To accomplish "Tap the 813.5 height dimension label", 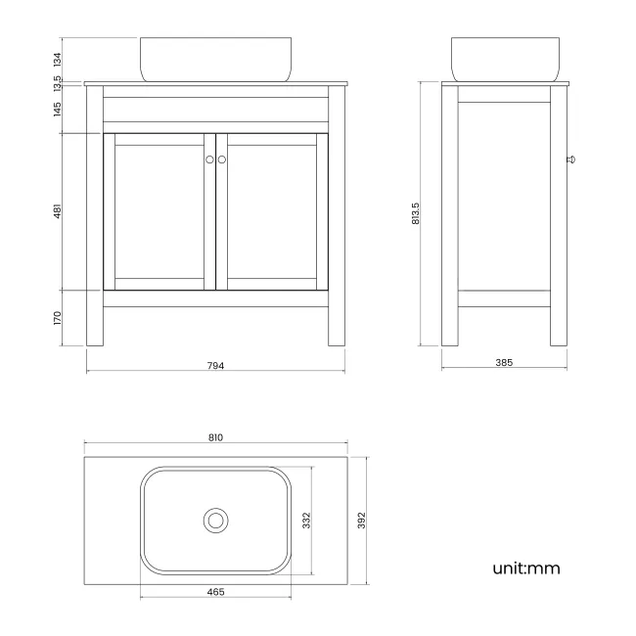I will click(x=415, y=214).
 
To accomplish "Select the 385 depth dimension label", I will click(x=504, y=362).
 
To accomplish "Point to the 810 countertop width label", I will click(x=215, y=437).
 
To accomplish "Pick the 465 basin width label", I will click(x=216, y=592).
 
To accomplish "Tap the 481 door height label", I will click(x=58, y=211).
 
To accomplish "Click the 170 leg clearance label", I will click(x=58, y=318).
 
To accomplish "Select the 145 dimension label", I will click(x=58, y=109).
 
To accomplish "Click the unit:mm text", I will click(x=526, y=568).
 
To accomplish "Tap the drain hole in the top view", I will click(x=215, y=520).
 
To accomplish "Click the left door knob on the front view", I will click(x=209, y=159).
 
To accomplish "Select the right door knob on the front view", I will click(x=222, y=159).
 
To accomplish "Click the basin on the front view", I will click(x=190, y=59).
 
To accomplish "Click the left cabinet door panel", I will click(x=159, y=211).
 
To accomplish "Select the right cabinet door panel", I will click(x=272, y=211).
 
